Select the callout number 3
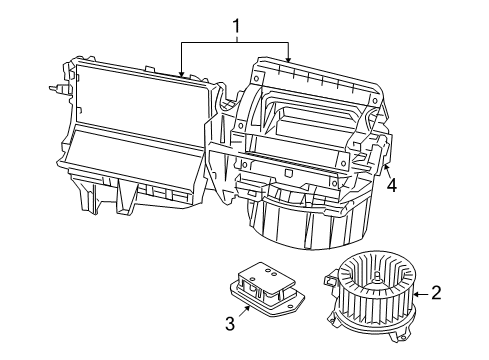click(x=229, y=322)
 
